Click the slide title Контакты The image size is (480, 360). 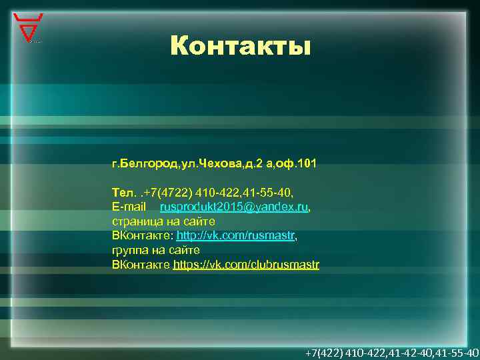click(x=240, y=46)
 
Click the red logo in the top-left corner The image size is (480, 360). click(x=29, y=27)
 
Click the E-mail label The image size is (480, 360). click(x=129, y=208)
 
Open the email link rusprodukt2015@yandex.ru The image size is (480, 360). click(x=234, y=208)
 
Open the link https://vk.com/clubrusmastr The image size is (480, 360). click(x=246, y=265)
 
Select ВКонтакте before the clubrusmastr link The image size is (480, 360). click(x=141, y=265)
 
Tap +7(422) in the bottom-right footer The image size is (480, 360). click(x=323, y=352)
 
